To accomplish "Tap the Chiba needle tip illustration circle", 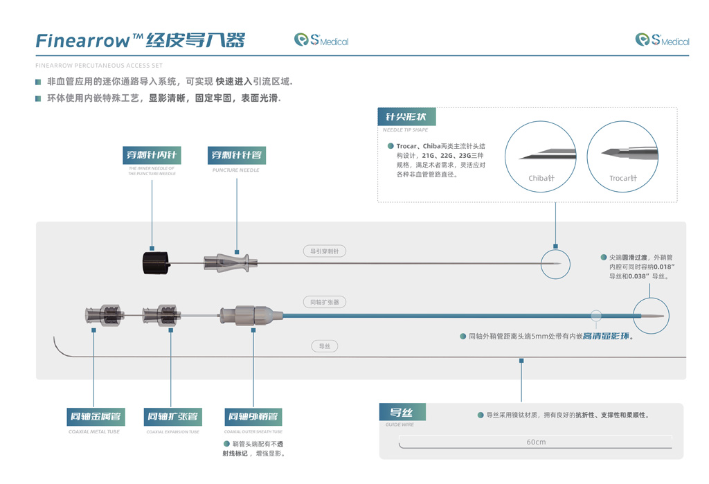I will tap(541, 157).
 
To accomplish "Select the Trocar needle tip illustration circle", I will tap(622, 157).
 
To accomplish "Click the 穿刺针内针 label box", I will tap(151, 155).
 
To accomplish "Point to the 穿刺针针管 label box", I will tap(236, 155).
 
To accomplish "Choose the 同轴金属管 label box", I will tap(94, 417).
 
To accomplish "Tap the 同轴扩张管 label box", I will tap(172, 417).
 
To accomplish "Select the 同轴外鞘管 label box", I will tap(253, 417).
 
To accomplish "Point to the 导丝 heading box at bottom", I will tap(402, 413).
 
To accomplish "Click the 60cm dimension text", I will tap(536, 442).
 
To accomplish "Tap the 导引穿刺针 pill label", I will tap(324, 251).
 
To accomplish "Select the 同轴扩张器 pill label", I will tap(324, 302).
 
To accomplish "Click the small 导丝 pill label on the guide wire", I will tap(324, 346).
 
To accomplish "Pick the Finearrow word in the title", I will tap(82, 41).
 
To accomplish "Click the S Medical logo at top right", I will tap(662, 40).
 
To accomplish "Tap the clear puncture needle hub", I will tap(230, 263).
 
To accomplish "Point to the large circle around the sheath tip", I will tap(651, 316).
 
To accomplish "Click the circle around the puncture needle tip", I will tap(555, 265).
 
